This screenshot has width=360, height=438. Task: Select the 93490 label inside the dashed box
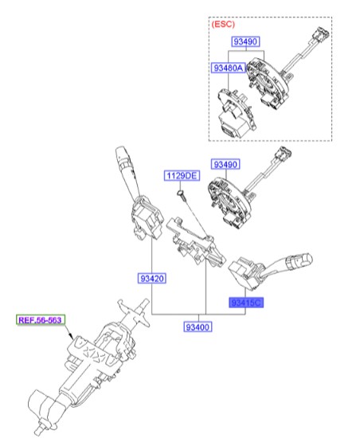point(246,41)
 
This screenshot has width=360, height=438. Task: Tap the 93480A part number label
point(228,69)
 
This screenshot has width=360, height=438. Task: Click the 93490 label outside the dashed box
point(225,164)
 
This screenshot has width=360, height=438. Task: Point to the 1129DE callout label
point(181,174)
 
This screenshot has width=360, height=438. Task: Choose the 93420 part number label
point(151,279)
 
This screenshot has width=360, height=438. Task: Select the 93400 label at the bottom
point(197,327)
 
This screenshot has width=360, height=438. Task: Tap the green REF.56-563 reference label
point(41,320)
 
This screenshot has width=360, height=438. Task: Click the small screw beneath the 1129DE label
point(182,193)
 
